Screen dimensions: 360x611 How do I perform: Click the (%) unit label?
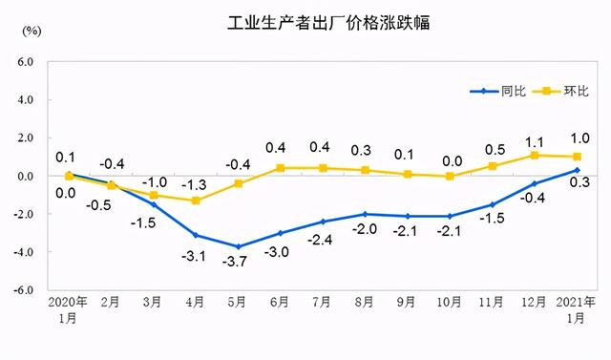[32, 31]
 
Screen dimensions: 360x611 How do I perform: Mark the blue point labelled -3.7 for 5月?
[238, 246]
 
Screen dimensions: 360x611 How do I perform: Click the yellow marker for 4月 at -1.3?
[196, 201]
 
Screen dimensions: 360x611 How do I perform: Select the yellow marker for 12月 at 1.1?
[535, 155]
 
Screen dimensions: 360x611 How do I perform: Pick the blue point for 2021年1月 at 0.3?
[578, 170]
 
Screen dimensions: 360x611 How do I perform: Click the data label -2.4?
[323, 240]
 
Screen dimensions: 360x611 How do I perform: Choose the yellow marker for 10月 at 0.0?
[450, 176]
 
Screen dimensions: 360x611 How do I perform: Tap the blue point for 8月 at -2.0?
[365, 214]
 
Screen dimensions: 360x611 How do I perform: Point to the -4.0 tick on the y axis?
[22, 252]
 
